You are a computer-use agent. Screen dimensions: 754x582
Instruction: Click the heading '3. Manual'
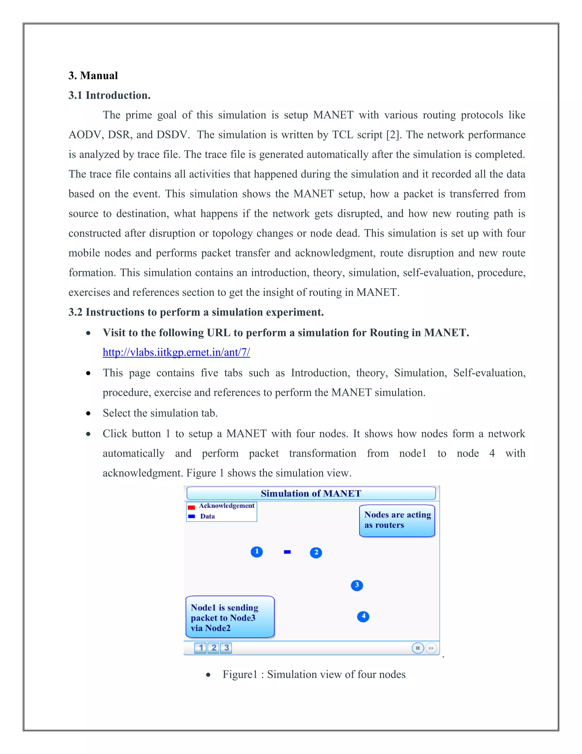[93, 76]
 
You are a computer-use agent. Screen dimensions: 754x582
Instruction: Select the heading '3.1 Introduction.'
[109, 95]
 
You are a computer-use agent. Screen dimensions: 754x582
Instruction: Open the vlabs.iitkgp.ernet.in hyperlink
[176, 352]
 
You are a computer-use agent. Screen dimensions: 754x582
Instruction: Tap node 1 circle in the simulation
[257, 552]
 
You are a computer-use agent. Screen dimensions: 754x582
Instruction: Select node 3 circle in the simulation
[357, 585]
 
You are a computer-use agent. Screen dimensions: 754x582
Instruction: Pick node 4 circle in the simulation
[363, 616]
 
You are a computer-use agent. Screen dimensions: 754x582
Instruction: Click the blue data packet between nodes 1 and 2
[287, 552]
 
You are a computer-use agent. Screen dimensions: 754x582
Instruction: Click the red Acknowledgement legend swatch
[191, 507]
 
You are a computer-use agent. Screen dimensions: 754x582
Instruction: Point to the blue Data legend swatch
[191, 516]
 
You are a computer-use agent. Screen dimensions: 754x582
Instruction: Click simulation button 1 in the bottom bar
[201, 648]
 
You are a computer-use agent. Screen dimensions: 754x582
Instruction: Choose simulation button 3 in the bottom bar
[226, 648]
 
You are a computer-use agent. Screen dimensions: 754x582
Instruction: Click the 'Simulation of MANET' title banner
[311, 493]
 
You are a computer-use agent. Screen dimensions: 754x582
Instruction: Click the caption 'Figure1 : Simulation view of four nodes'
[314, 674]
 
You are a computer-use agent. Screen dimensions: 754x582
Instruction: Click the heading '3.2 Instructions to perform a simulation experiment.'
[196, 312]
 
